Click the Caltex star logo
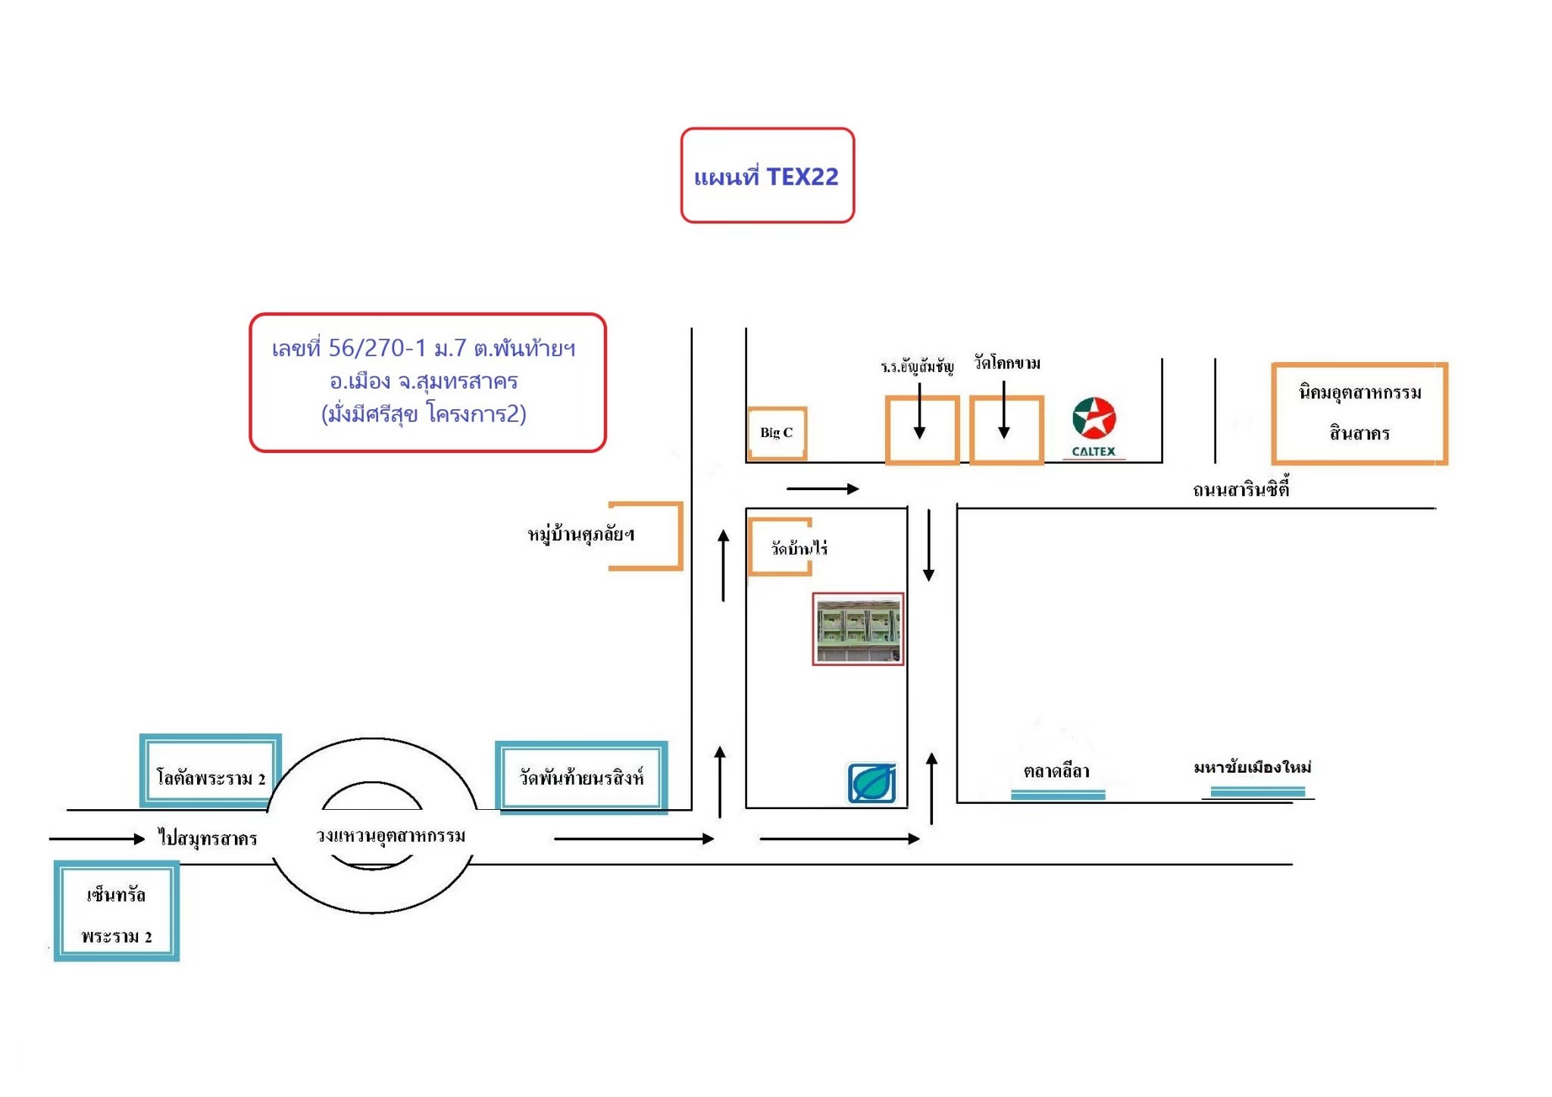pyautogui.click(x=1094, y=418)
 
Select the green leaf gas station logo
pyautogui.click(x=872, y=783)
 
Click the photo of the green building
pyautogui.click(x=858, y=629)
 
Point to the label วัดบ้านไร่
pyautogui.click(x=799, y=547)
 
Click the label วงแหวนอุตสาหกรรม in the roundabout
pyautogui.click(x=390, y=836)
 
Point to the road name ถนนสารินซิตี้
pyautogui.click(x=1241, y=489)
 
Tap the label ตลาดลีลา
pyautogui.click(x=1056, y=770)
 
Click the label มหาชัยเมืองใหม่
pyautogui.click(x=1253, y=767)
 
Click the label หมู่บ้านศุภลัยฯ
pyautogui.click(x=581, y=534)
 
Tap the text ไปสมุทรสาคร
pyautogui.click(x=208, y=838)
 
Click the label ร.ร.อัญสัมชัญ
pyautogui.click(x=917, y=367)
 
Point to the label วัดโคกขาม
pyautogui.click(x=1007, y=363)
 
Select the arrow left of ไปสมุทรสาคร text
pyautogui.click(x=97, y=839)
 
